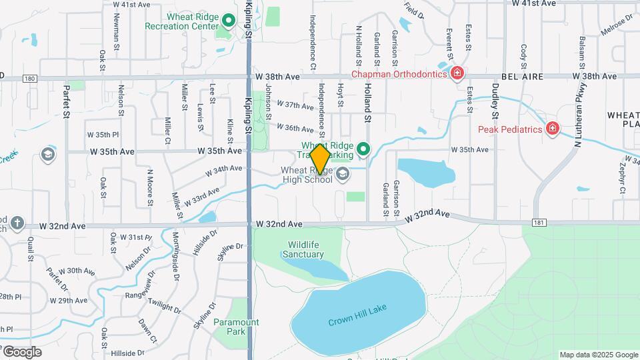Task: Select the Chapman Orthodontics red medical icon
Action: pyautogui.click(x=457, y=73)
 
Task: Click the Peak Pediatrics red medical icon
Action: pyautogui.click(x=552, y=128)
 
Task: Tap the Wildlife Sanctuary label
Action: pyautogui.click(x=303, y=249)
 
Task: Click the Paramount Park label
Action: pyautogui.click(x=236, y=327)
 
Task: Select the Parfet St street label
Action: pyautogui.click(x=66, y=100)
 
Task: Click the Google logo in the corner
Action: pyautogui.click(x=21, y=351)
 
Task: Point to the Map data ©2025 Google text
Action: pyautogui.click(x=598, y=355)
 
